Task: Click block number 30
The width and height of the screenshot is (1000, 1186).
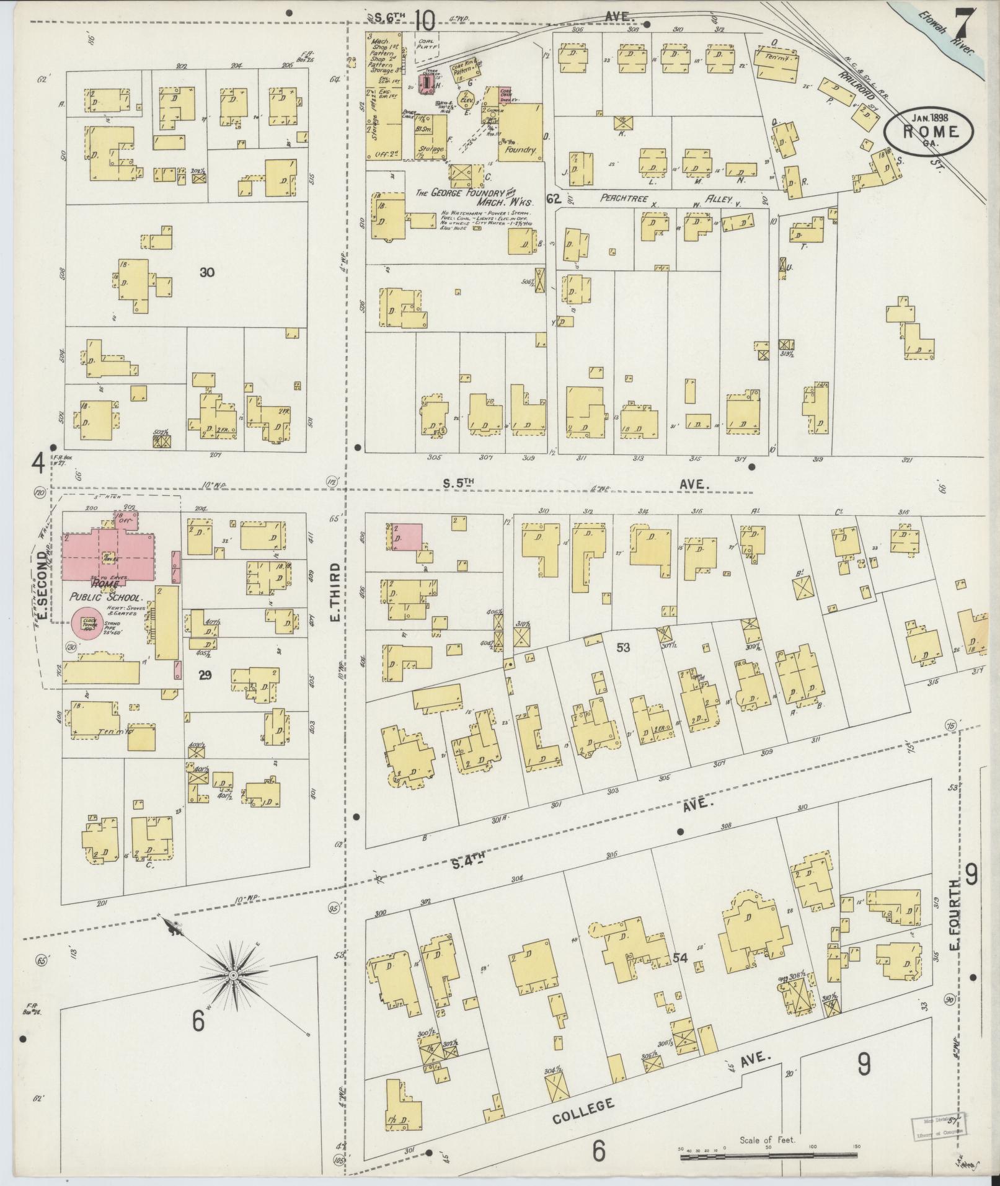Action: click(x=207, y=272)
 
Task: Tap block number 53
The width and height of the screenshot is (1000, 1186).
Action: click(x=623, y=647)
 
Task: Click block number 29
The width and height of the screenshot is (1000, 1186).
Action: click(x=205, y=675)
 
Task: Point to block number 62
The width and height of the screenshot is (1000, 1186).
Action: click(x=554, y=198)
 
